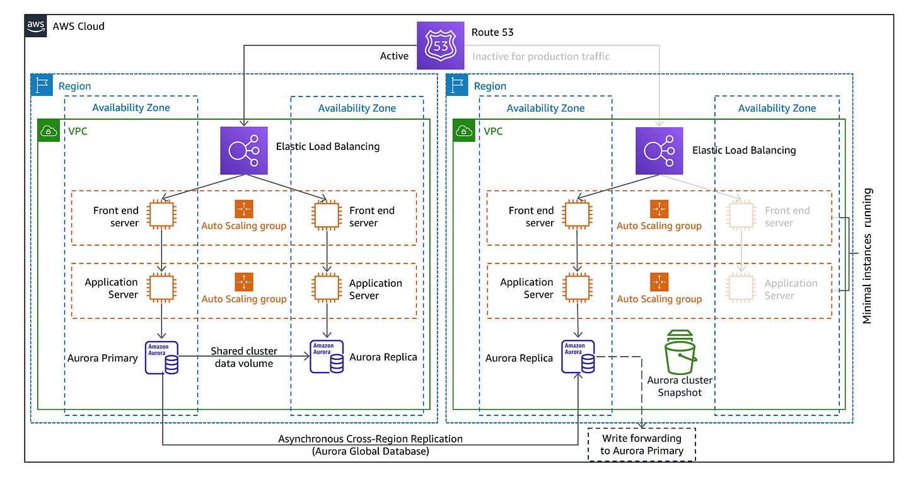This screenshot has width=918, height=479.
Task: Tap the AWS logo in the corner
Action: pos(36,26)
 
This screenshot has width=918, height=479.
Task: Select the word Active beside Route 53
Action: pos(394,56)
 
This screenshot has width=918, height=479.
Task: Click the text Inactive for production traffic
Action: pos(541,56)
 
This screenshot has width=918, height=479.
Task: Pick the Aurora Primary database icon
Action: pos(161,357)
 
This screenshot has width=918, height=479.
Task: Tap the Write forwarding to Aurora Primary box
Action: pos(641,444)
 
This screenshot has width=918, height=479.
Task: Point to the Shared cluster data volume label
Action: pos(244,357)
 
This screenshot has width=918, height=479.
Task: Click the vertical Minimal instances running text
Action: pos(868,255)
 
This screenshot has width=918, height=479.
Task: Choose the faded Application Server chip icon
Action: pos(741,288)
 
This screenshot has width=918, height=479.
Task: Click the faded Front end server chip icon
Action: pos(741,216)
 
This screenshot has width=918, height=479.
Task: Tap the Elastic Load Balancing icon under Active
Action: pos(243,151)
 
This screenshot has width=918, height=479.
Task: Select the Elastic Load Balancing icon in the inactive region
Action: pos(659,151)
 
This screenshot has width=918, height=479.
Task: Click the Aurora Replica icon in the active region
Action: pos(327,357)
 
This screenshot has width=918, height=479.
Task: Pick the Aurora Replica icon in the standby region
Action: pos(578,357)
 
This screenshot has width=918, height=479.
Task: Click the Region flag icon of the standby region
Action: pos(456,85)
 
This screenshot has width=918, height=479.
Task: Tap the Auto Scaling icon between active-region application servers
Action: pos(243,282)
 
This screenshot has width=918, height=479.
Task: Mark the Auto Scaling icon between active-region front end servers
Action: pos(243,209)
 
